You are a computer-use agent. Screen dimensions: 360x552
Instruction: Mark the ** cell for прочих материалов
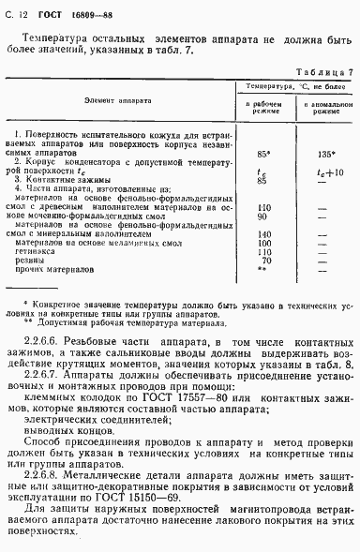pyautogui.click(x=262, y=269)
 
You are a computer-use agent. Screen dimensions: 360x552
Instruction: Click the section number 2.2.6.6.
pyautogui.click(x=45, y=346)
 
